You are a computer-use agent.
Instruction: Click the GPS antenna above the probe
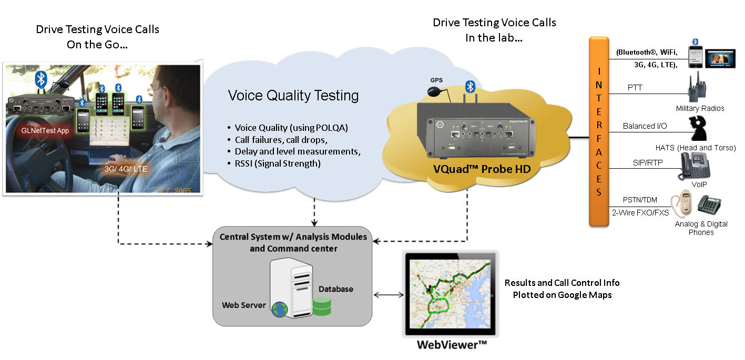click(435, 91)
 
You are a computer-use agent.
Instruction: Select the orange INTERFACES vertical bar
click(598, 131)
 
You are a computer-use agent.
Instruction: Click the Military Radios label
click(700, 108)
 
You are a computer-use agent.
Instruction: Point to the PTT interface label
click(635, 87)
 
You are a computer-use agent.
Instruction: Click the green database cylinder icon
click(322, 306)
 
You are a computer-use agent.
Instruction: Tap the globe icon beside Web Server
click(280, 310)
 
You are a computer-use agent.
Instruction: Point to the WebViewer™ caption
click(452, 345)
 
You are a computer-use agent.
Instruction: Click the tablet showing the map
click(451, 294)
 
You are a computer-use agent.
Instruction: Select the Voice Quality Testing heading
click(293, 96)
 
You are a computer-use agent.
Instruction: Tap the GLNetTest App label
click(45, 131)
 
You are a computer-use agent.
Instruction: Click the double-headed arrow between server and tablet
click(389, 294)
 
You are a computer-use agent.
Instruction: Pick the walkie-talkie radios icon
click(697, 88)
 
